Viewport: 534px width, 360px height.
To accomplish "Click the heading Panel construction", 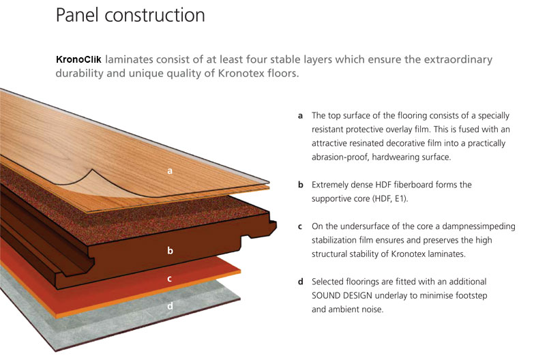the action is coord(130,16).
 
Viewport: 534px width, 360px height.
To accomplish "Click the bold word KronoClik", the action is coord(78,59).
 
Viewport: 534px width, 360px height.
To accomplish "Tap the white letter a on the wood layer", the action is coord(170,171).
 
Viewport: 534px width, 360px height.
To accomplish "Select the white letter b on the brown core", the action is coord(170,251).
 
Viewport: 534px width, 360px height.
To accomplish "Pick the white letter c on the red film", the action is coord(169,279).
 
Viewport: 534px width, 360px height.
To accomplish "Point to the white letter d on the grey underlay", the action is coord(170,306).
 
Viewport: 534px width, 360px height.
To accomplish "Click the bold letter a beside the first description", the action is coord(300,116).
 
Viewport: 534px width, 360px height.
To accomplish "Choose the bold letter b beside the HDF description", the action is coord(300,185).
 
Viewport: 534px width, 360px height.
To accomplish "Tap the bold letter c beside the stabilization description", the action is coord(300,227).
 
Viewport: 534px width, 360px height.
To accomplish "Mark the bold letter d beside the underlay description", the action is coord(300,282).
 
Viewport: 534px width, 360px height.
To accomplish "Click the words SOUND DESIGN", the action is coord(342,295).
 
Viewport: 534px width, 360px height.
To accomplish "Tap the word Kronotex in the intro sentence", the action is coord(239,73).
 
